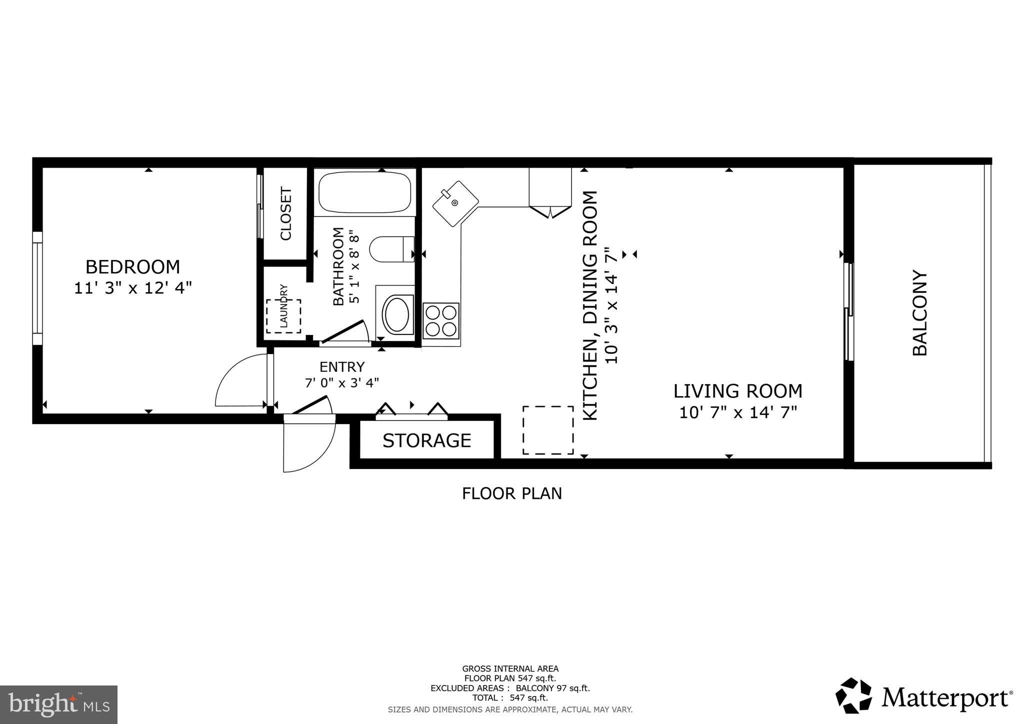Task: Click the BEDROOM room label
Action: click(132, 267)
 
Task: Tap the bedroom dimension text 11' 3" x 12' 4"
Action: click(132, 288)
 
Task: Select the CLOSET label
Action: click(285, 213)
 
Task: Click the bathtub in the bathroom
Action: click(364, 192)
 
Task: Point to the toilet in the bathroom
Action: click(391, 249)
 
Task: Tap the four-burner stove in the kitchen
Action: click(440, 320)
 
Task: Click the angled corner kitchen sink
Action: click(454, 203)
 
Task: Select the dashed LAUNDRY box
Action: click(283, 316)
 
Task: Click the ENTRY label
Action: click(342, 367)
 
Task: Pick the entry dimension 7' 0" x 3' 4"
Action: click(342, 383)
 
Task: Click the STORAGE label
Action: click(426, 440)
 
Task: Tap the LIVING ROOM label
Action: click(737, 391)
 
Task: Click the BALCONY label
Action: click(919, 313)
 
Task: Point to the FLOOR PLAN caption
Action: click(511, 493)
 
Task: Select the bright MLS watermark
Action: click(58, 705)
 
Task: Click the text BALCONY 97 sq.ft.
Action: click(552, 688)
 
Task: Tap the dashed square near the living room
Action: click(548, 430)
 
